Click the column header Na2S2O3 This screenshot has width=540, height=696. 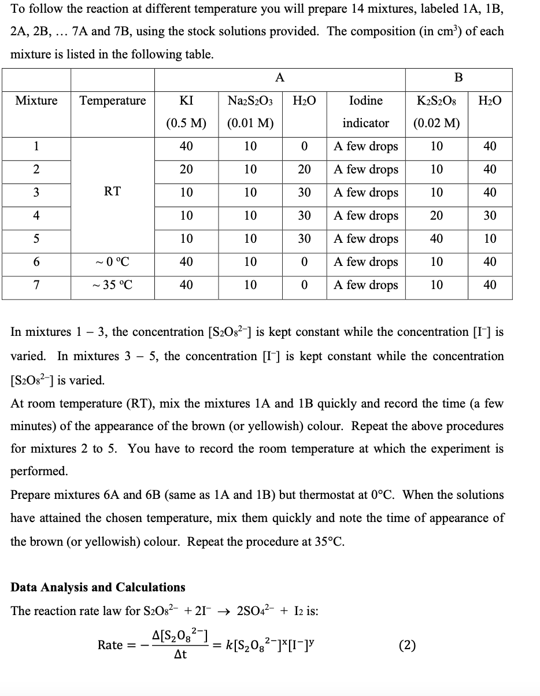[x=250, y=101]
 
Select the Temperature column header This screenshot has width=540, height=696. [x=112, y=101]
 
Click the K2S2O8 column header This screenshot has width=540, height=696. [x=437, y=101]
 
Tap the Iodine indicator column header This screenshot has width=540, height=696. [x=366, y=101]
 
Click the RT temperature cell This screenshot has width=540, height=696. [x=112, y=191]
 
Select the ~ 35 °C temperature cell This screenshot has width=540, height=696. [x=112, y=285]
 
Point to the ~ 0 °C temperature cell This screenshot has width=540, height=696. [x=112, y=262]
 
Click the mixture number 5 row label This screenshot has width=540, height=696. [x=36, y=239]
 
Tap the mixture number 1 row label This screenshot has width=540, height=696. [x=36, y=146]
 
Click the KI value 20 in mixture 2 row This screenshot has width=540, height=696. [x=186, y=169]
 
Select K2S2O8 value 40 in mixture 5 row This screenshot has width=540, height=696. [x=437, y=239]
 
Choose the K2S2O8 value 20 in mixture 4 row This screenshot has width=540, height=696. [x=437, y=216]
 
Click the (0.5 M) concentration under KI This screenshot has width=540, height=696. [x=186, y=123]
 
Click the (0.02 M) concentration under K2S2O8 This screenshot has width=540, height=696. [x=437, y=123]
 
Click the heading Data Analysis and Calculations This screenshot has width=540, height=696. [x=98, y=587]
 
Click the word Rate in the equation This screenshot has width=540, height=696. [x=109, y=645]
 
